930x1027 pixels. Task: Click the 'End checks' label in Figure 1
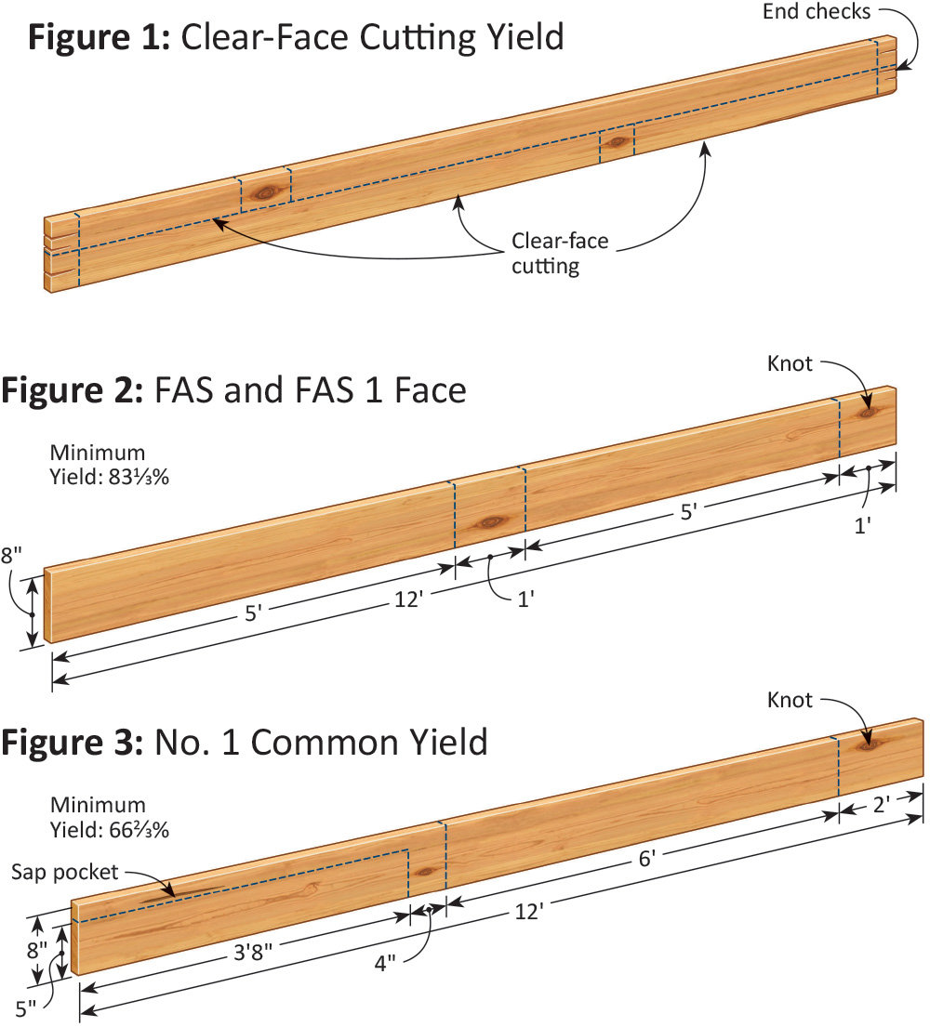[817, 12]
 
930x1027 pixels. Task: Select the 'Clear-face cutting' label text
[560, 254]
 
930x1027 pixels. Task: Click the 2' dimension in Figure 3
[882, 803]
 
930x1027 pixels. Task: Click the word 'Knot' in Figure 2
[790, 364]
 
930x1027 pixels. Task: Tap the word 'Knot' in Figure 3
[790, 699]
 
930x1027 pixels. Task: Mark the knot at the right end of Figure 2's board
[866, 410]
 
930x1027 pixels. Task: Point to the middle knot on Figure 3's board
[427, 872]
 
